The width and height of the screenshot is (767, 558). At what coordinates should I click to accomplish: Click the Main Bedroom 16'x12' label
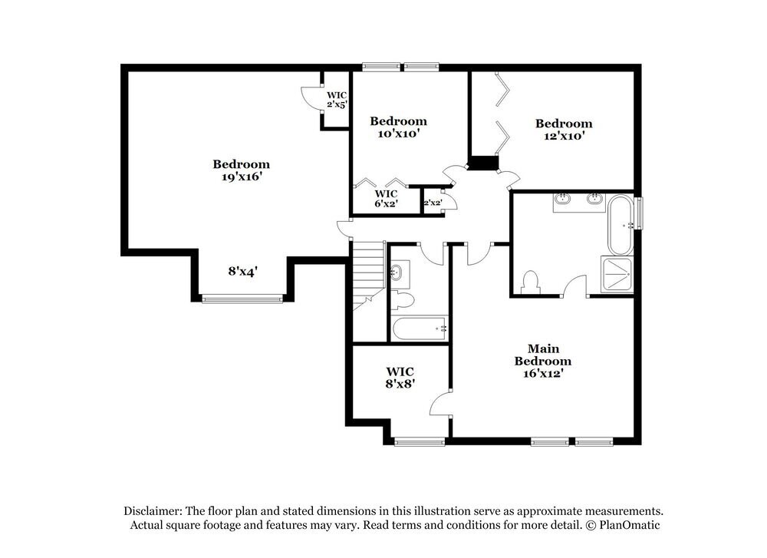(542, 361)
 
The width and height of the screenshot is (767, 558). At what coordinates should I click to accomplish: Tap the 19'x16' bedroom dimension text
(242, 177)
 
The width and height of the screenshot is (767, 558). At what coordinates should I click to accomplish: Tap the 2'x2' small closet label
(432, 203)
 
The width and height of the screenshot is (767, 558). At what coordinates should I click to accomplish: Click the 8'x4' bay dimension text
(242, 271)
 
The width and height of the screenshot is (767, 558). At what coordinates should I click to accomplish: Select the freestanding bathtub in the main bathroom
(620, 225)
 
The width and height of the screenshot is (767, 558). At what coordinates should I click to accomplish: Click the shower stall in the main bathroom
(617, 274)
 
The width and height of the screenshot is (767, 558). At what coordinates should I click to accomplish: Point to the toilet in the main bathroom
(529, 282)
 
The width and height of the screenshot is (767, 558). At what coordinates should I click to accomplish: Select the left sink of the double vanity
(562, 200)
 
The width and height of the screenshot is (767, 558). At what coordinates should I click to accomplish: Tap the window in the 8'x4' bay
(242, 298)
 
